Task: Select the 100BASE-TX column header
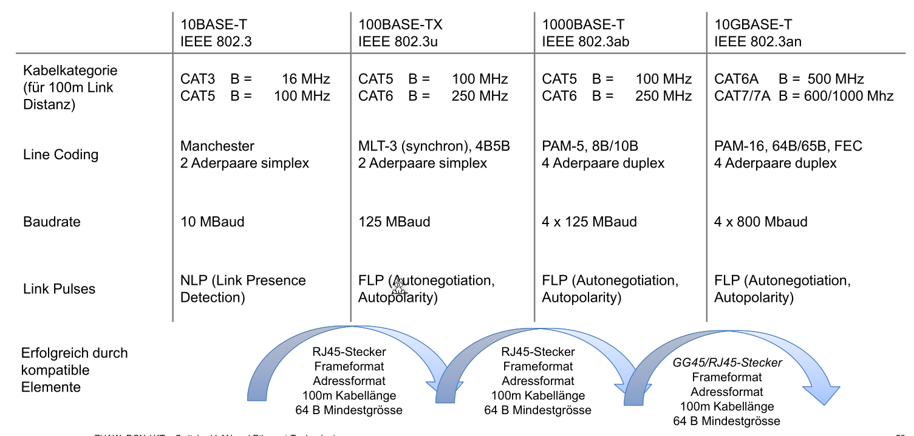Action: point(400,25)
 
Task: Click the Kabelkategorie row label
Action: point(70,70)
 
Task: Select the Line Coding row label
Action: point(60,154)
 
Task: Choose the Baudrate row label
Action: point(52,222)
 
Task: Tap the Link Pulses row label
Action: point(59,288)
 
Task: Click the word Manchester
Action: point(217,146)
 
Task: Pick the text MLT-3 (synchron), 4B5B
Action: point(434,146)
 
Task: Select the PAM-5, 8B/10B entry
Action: point(590,146)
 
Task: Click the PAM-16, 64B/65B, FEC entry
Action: point(788,146)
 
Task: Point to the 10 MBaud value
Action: point(212,222)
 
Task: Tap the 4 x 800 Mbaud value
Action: point(760,222)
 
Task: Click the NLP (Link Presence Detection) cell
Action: point(242,288)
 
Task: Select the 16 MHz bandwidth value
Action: point(306,79)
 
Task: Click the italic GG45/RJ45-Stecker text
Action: point(727,363)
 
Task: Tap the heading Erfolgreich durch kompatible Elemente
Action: point(74,370)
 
